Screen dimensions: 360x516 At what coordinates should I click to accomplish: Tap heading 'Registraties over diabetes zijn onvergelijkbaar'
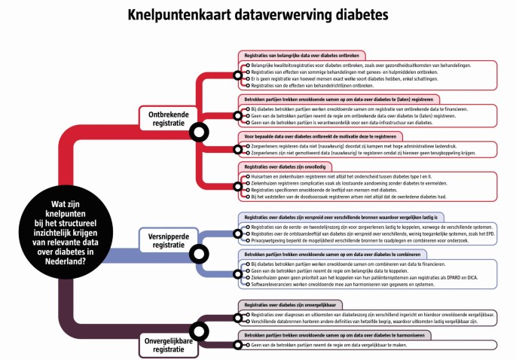point(289,305)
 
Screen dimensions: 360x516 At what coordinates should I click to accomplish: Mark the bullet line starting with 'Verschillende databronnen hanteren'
point(374,322)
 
